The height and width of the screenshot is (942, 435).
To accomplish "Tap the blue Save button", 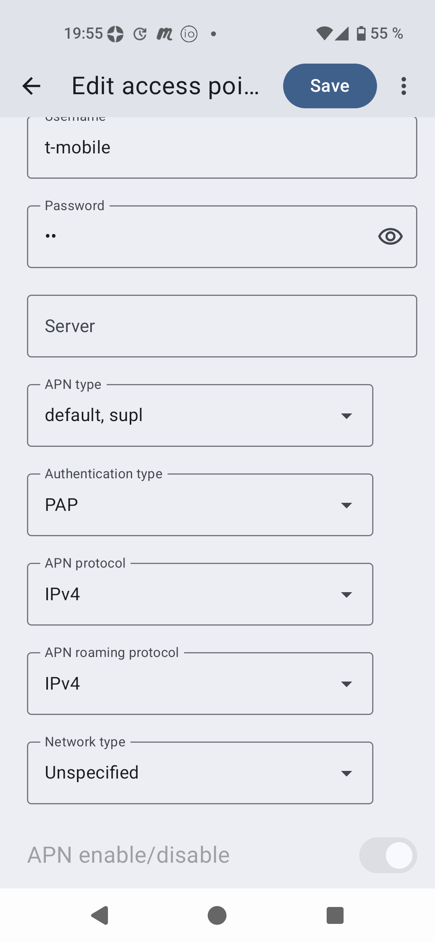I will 330,86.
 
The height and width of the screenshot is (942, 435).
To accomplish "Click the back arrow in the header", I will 31,86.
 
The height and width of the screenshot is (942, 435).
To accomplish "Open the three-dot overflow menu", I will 404,86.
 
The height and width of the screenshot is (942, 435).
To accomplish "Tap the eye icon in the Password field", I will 390,236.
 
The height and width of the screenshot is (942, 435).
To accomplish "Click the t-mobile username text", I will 78,148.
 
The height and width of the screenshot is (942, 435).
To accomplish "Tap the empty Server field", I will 222,326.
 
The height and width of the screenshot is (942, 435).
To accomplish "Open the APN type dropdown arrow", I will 346,416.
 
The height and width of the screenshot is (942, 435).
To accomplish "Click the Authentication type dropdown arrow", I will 346,505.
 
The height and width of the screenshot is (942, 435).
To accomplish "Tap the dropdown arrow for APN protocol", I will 346,595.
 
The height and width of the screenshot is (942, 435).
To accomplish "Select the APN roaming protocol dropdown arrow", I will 346,684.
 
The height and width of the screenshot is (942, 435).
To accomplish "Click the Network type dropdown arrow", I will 346,773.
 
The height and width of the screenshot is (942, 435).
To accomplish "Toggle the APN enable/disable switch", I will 388,855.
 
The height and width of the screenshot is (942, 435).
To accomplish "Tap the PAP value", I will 62,505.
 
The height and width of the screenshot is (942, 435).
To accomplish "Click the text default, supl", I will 94,415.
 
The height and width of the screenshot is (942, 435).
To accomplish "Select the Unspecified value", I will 92,773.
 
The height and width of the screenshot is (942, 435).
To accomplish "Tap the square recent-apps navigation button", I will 335,915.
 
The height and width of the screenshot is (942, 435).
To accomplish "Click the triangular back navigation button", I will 100,915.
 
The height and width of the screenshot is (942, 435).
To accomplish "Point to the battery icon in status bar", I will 361,33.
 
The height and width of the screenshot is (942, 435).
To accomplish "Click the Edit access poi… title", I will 165,86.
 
